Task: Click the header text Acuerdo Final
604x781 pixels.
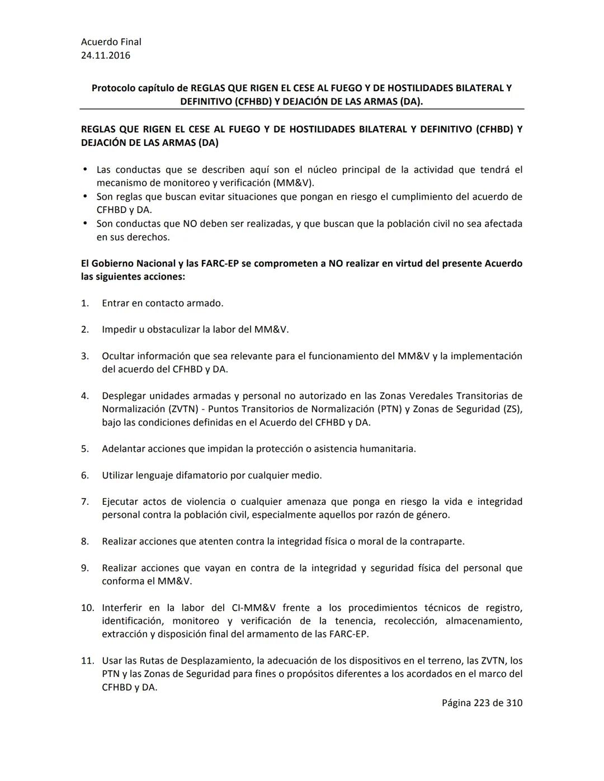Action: (x=111, y=42)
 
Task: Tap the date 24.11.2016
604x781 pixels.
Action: (x=106, y=55)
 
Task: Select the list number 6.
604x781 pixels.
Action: (x=85, y=475)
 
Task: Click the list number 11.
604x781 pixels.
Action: (x=87, y=660)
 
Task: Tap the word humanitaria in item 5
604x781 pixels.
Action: (x=387, y=448)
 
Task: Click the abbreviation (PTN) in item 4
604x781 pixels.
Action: (x=389, y=409)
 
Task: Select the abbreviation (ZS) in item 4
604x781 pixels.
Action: (x=512, y=409)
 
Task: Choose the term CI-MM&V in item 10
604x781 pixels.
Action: (x=253, y=608)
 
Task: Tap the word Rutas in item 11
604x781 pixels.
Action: (x=152, y=660)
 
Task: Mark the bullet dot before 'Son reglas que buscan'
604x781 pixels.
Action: (x=85, y=196)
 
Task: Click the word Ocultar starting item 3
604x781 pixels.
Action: (x=117, y=356)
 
